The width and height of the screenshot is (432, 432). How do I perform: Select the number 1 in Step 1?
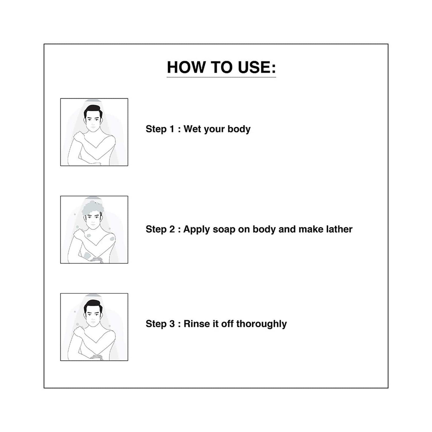tap(172, 129)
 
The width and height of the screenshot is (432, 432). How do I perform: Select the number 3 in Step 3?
tap(172, 324)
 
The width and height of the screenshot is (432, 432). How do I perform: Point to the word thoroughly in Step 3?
tap(261, 324)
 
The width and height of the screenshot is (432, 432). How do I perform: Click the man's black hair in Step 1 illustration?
tap(93, 111)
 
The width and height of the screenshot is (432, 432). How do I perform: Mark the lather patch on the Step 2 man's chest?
tap(88, 236)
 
